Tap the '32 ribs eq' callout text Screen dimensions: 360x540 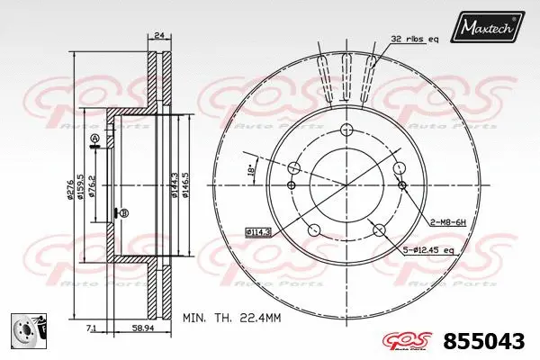click(x=415, y=39)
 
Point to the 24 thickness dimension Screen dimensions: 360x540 click(x=158, y=36)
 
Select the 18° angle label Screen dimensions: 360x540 click(x=251, y=169)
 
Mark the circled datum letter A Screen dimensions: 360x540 click(x=93, y=138)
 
